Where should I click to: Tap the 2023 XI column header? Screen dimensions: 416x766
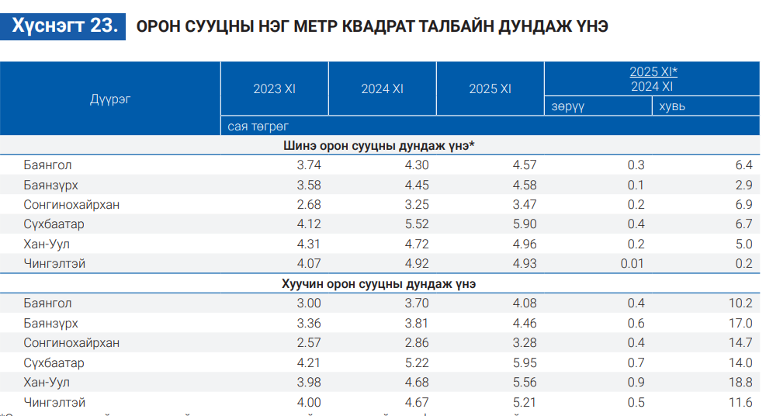(x=274, y=88)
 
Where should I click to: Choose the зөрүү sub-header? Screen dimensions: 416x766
(x=567, y=106)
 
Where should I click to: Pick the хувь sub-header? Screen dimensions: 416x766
(x=672, y=106)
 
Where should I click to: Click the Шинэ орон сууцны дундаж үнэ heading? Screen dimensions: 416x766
(x=379, y=145)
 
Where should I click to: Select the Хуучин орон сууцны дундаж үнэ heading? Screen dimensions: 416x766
(x=379, y=283)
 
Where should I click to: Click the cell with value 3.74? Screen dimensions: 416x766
(x=309, y=165)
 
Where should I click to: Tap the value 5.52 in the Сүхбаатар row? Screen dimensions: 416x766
(x=417, y=224)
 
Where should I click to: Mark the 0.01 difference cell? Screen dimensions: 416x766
(x=633, y=264)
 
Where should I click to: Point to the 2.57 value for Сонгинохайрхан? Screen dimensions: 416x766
(x=309, y=343)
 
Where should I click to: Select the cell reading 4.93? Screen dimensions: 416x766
(x=525, y=264)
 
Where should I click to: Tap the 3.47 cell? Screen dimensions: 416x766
(x=525, y=205)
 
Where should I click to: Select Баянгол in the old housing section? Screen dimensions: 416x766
(x=48, y=303)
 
